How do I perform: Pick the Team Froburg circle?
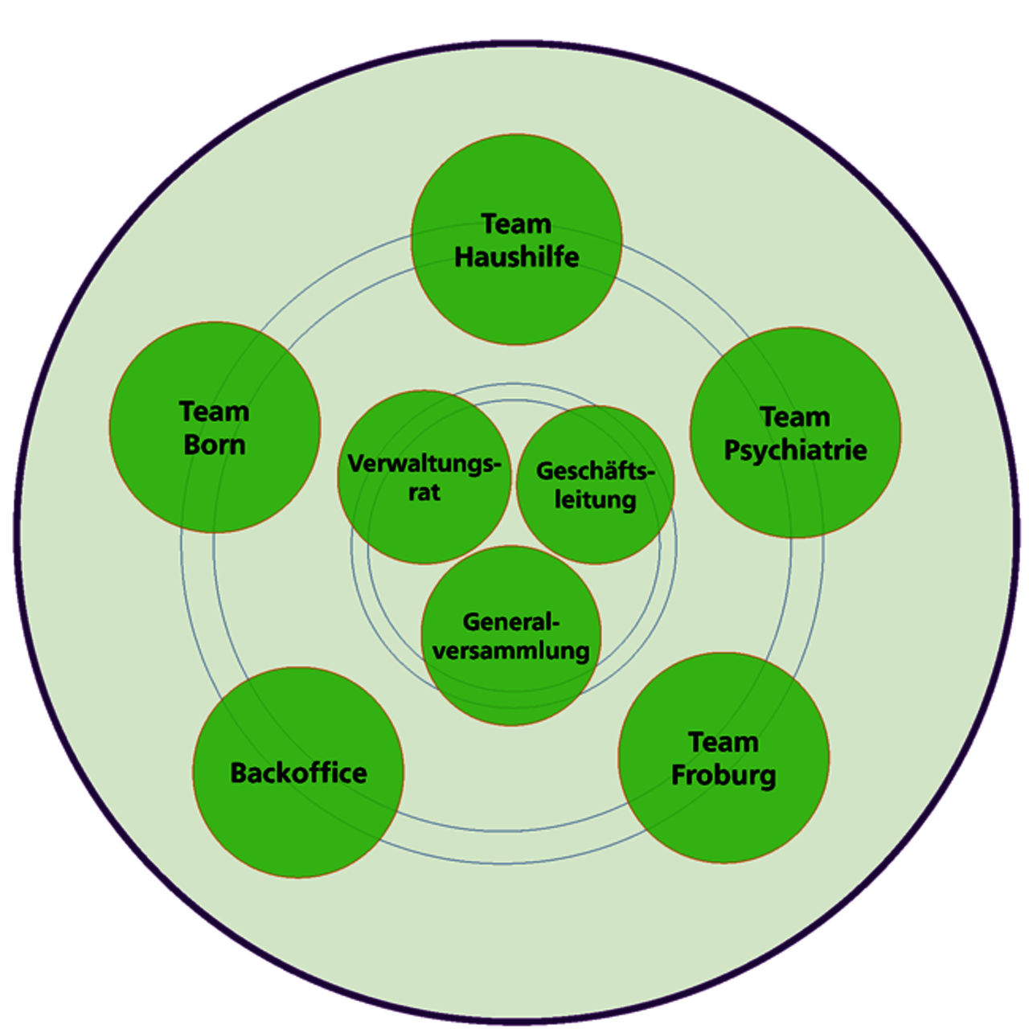724,820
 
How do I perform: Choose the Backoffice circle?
298,828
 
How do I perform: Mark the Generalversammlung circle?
511,683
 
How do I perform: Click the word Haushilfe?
516,257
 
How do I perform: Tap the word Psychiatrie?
795,450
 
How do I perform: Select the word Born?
215,445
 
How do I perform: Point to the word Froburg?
724,776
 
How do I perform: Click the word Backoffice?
298,773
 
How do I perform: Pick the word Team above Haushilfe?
516,223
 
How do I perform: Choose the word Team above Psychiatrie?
795,416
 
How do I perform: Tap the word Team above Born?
215,412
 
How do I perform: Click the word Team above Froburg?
724,742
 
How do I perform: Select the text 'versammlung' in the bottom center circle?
511,650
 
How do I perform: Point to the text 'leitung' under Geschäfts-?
595,500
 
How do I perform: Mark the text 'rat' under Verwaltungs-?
424,492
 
